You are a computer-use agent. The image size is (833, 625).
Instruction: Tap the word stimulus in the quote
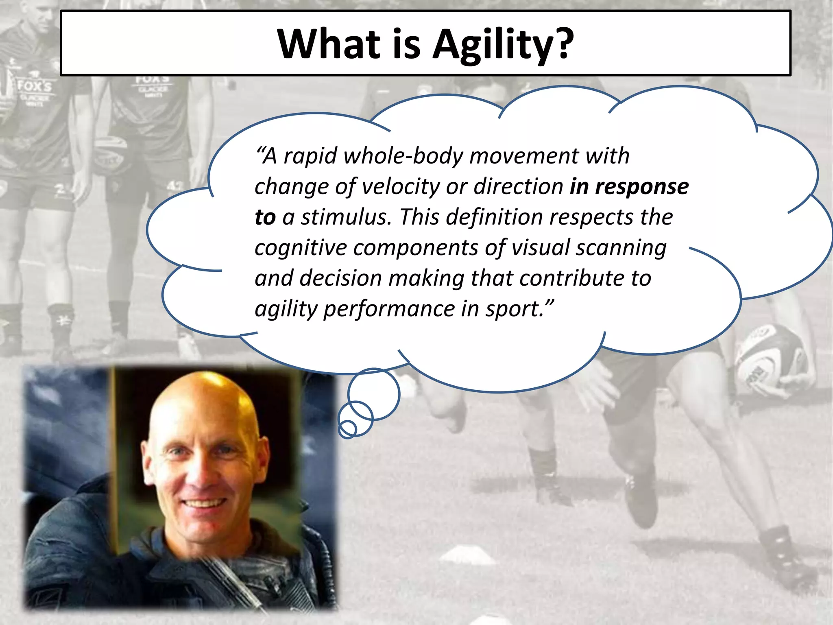coord(346,217)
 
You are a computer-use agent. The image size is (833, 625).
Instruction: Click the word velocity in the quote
coord(400,187)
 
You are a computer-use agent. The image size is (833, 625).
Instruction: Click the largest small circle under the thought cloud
coord(374,394)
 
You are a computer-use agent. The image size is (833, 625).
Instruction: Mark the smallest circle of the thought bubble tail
coord(347,429)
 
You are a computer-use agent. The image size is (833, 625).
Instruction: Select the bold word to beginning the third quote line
coord(265,217)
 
